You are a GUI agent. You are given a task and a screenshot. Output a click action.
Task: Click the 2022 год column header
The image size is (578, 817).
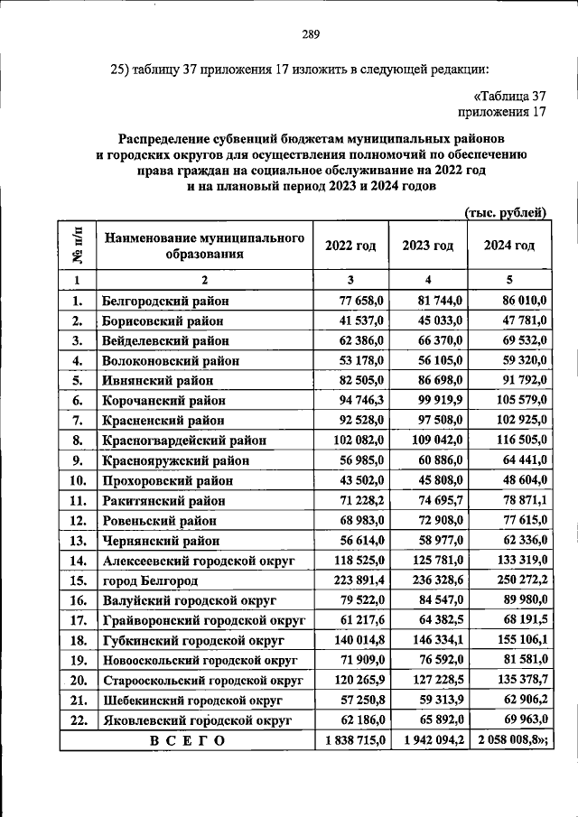pyautogui.click(x=350, y=246)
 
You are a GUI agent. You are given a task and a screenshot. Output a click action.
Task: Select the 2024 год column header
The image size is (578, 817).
pyautogui.click(x=509, y=246)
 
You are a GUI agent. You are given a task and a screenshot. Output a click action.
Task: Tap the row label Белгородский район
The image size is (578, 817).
pyautogui.click(x=165, y=301)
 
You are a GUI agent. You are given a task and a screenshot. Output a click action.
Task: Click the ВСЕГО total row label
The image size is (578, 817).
pyautogui.click(x=185, y=739)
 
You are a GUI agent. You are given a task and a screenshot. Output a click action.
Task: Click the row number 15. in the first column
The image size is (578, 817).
pyautogui.click(x=78, y=580)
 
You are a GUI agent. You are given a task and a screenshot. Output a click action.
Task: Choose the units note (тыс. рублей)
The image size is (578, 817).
pyautogui.click(x=505, y=213)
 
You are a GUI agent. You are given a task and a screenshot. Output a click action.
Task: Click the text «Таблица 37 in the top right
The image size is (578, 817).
pyautogui.click(x=510, y=96)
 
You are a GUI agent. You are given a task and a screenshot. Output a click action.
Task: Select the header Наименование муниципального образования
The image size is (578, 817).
pyautogui.click(x=202, y=246)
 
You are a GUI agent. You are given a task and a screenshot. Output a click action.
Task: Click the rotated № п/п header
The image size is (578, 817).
pyautogui.click(x=78, y=246)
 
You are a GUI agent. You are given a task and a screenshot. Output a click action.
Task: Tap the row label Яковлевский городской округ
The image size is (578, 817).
pyautogui.click(x=197, y=720)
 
